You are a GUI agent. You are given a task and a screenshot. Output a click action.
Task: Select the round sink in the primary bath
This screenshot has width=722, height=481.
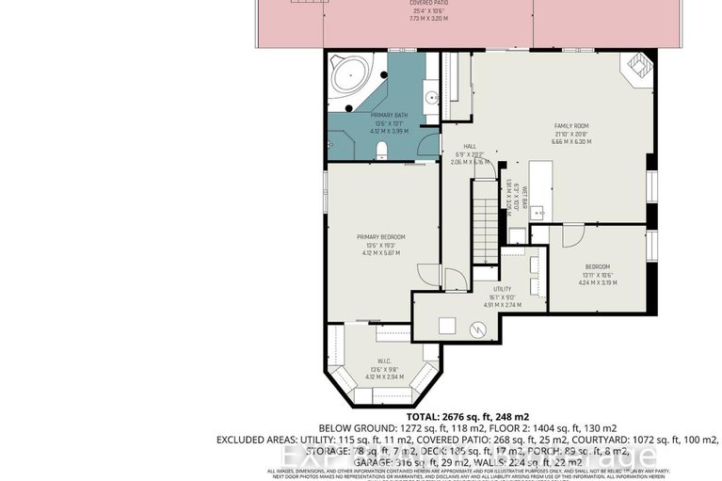point(431,97)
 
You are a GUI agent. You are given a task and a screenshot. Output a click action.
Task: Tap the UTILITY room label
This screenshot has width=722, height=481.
point(503,289)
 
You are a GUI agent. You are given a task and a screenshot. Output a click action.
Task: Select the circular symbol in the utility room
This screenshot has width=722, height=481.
point(480,329)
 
